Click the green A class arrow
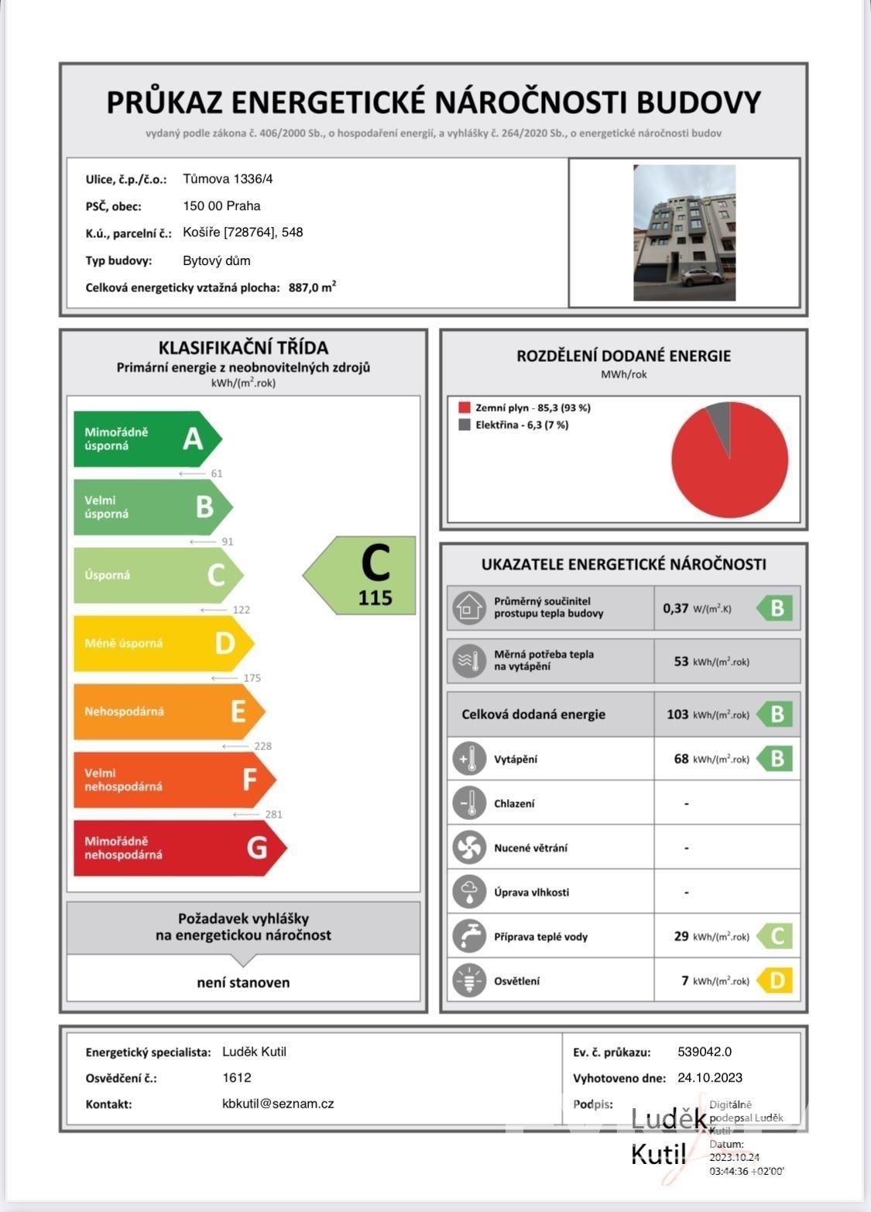147,439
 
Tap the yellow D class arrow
163,643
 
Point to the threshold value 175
252,678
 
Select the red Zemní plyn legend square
465,408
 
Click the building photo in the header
684,232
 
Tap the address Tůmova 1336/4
228,179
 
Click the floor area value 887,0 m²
312,288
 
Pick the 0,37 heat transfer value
675,608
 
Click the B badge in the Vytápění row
776,759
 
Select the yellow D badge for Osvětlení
776,981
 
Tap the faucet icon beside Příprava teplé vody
469,936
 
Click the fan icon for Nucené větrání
469,848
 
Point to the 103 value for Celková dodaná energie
677,714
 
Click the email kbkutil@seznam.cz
278,1104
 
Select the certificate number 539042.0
705,1052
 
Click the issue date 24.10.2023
710,1078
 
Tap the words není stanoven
243,983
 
